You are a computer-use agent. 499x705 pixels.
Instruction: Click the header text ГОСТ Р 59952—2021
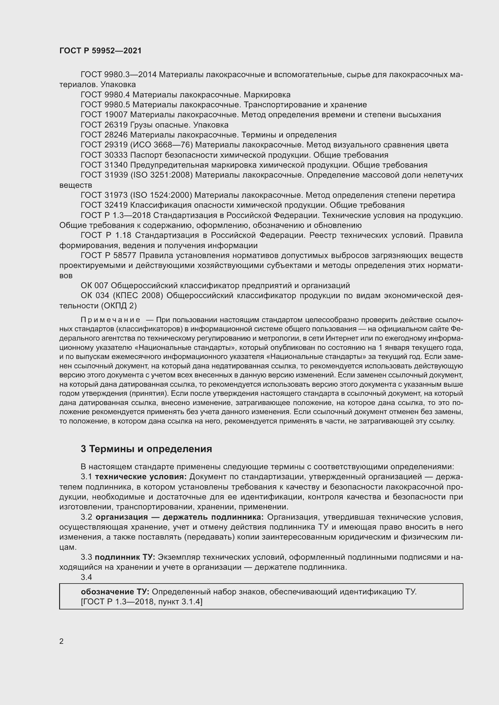100,51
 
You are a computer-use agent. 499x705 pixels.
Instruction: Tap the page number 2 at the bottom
62,641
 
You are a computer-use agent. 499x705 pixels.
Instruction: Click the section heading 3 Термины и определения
146,449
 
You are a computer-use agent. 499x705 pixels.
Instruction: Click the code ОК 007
94,286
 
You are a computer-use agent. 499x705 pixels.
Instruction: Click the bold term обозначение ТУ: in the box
115,592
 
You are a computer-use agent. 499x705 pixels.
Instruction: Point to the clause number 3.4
86,577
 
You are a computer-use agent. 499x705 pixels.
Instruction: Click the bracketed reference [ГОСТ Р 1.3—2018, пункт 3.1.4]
141,602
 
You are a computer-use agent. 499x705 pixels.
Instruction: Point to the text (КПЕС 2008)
138,296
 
